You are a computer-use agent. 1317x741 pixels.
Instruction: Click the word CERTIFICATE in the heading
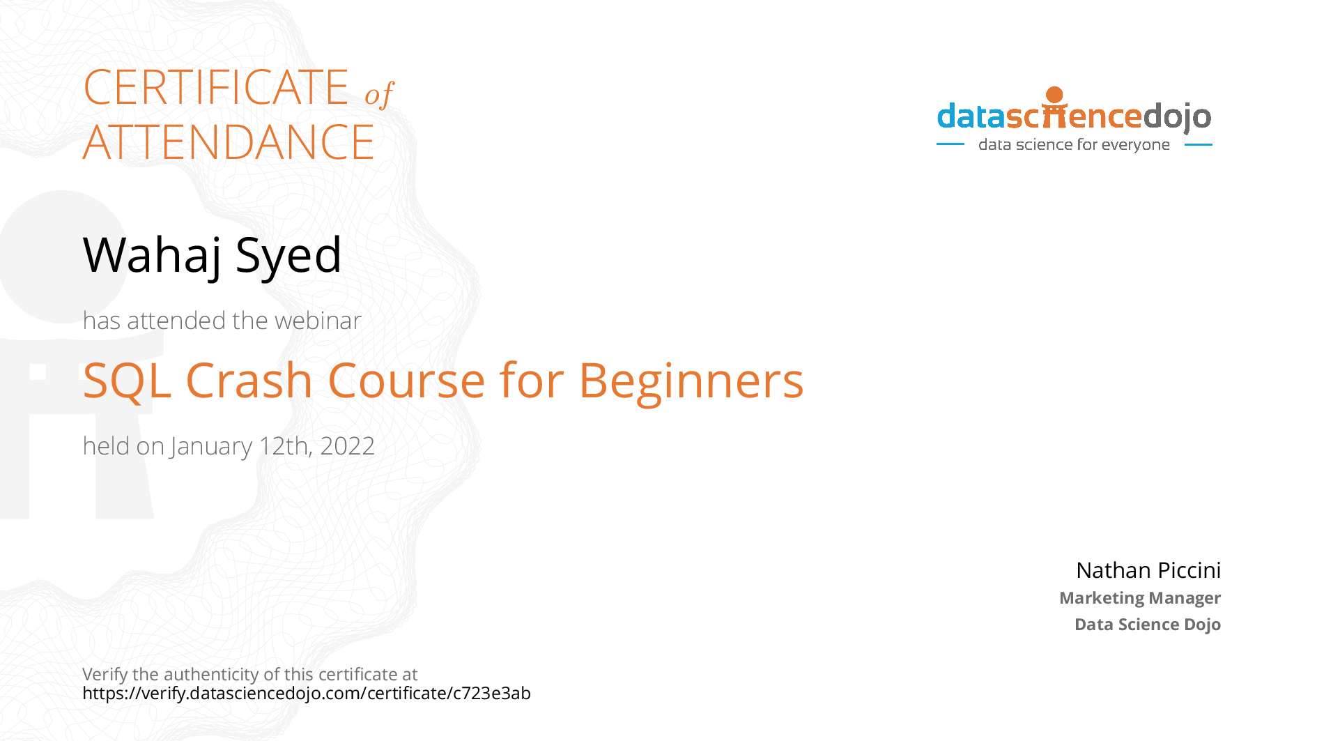pyautogui.click(x=216, y=87)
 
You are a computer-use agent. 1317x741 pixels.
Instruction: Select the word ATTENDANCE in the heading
pyautogui.click(x=229, y=142)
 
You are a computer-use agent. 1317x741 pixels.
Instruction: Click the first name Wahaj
pyautogui.click(x=153, y=256)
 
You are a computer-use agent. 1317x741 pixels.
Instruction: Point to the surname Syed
pyautogui.click(x=288, y=256)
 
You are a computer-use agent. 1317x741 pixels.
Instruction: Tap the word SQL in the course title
pyautogui.click(x=127, y=381)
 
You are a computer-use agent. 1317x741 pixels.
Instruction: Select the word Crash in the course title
pyautogui.click(x=249, y=381)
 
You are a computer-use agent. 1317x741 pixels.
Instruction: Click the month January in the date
pyautogui.click(x=211, y=447)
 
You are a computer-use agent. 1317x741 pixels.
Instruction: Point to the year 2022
pyautogui.click(x=347, y=446)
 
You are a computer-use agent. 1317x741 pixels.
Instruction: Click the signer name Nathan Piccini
pyautogui.click(x=1148, y=570)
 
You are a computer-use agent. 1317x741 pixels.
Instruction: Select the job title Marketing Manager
pyautogui.click(x=1140, y=598)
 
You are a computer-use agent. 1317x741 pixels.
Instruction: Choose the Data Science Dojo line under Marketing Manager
pyautogui.click(x=1148, y=625)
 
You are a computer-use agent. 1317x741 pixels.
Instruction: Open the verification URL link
pyautogui.click(x=307, y=694)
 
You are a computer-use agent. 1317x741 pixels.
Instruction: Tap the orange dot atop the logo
pyautogui.click(x=1055, y=95)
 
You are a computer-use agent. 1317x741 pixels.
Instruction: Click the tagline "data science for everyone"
pyautogui.click(x=1074, y=145)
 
